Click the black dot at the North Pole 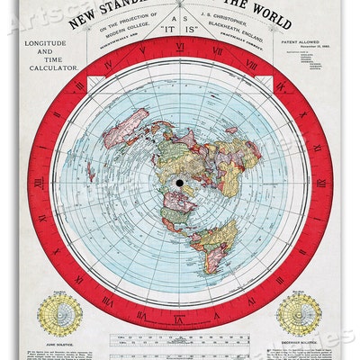point(181,186)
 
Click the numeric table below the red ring point(181,339)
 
